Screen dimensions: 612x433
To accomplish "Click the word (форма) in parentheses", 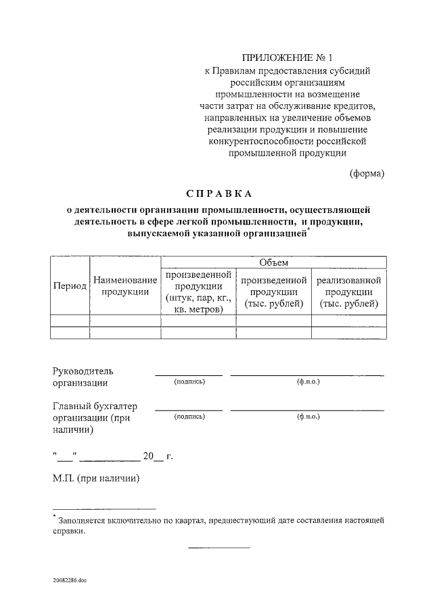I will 367,173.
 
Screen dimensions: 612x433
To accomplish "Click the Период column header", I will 70,285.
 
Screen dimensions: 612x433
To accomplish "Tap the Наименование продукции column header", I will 125,285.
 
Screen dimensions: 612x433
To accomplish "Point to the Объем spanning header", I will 273,262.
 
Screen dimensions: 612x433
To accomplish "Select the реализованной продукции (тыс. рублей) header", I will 349,292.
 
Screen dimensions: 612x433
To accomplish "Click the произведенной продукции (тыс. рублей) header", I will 273,292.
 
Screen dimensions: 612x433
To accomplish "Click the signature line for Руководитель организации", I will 189,373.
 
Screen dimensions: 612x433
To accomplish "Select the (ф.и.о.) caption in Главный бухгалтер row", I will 308,417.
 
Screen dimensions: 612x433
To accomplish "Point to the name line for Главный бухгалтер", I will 308,409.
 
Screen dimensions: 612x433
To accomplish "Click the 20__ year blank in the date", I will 153,456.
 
